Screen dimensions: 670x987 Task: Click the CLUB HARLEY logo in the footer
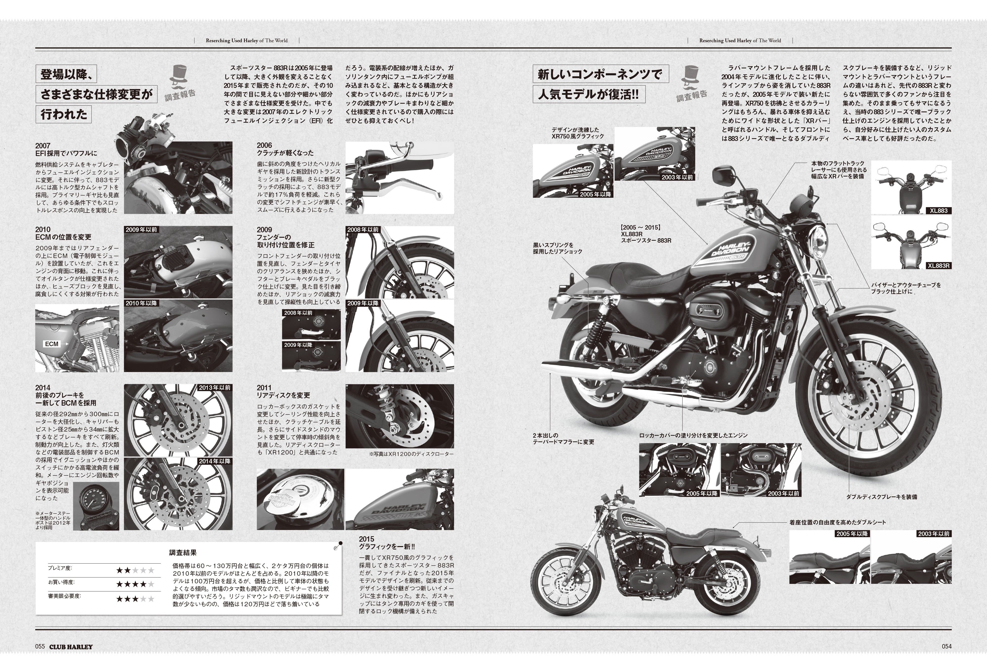pos(71,646)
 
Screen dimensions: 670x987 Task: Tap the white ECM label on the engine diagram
pos(51,344)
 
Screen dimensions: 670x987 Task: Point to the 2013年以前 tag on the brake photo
pos(215,388)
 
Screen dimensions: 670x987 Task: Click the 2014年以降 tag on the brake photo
pos(215,461)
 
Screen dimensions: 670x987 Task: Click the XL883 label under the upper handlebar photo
pos(939,210)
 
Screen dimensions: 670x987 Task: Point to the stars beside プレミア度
pos(135,570)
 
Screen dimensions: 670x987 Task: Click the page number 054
pos(947,646)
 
